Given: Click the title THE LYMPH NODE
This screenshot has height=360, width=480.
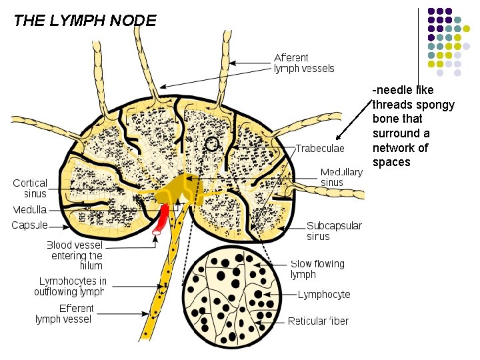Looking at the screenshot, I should point(85,20).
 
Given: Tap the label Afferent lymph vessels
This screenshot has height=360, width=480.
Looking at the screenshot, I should point(304,63).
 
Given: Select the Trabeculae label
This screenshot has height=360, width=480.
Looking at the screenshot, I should point(320,148).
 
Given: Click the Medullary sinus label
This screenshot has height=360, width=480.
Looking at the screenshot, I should point(341,177).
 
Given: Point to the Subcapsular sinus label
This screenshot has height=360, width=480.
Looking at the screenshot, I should point(334,231).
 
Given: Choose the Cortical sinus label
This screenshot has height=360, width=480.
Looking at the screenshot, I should point(31,188).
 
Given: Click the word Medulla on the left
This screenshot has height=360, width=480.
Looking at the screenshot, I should point(29,210).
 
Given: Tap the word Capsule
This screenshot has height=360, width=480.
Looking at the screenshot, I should point(29,225).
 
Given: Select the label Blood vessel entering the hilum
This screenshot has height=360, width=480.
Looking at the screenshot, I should point(74,255).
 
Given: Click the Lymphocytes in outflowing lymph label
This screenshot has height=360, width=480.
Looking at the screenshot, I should point(70,287).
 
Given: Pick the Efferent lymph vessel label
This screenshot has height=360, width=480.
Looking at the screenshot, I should point(64,313).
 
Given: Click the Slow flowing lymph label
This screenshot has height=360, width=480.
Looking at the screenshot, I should point(317,269).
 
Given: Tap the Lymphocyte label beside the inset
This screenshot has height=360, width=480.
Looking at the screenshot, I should point(323,295).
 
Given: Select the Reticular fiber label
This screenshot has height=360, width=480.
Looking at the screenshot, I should point(318,321).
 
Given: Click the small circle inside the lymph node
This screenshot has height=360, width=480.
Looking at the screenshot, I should point(212,143).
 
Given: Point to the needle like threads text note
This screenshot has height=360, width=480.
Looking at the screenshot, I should point(413,126).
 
